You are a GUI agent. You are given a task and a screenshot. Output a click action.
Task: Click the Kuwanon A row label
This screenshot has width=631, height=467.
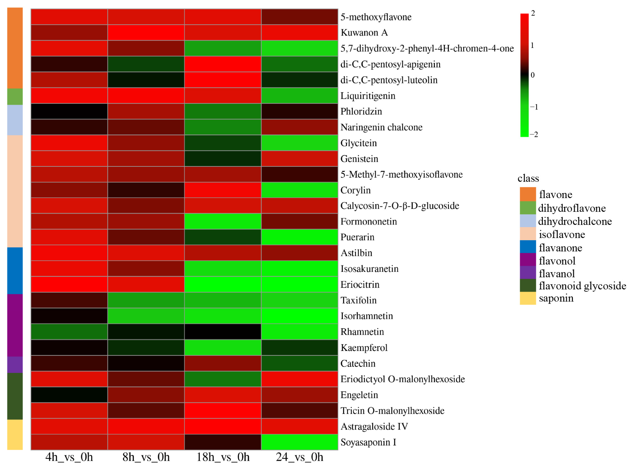tap(364, 33)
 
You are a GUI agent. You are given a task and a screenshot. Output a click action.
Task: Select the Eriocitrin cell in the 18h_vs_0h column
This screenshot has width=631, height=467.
tap(223, 284)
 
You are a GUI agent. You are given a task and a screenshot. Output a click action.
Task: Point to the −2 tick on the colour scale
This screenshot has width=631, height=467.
tap(534, 135)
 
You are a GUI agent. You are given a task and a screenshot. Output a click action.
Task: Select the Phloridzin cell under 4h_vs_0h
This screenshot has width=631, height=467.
tap(69, 111)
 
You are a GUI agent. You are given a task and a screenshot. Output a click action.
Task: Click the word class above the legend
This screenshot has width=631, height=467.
tap(528, 178)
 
